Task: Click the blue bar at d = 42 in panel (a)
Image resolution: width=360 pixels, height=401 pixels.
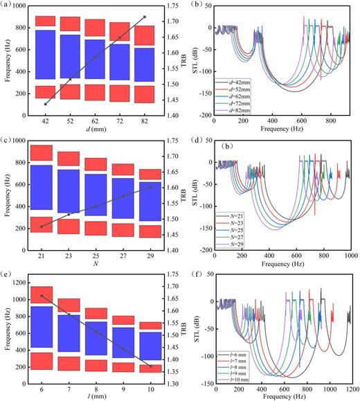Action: click(45, 55)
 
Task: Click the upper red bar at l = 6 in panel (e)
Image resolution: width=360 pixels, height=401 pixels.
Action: click(45, 296)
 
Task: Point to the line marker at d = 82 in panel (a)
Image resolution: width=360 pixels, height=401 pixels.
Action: click(144, 17)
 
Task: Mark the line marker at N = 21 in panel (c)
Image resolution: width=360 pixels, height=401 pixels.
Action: click(42, 226)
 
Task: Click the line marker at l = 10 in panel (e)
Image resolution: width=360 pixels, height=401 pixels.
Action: click(151, 366)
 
